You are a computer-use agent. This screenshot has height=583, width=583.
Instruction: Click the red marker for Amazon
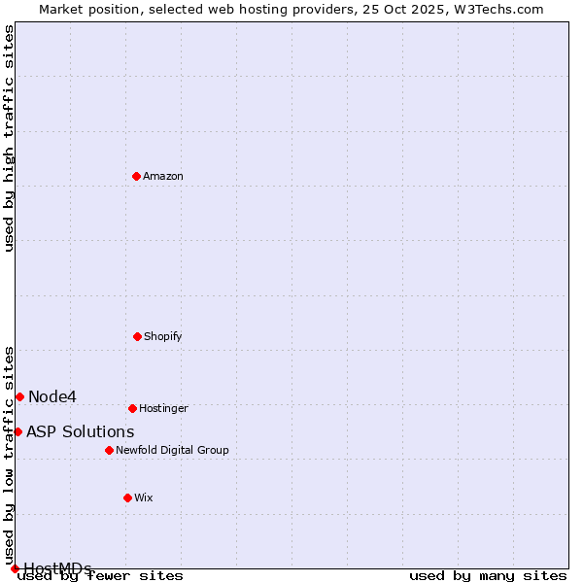click(137, 176)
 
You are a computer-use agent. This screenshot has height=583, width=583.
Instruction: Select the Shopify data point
click(137, 336)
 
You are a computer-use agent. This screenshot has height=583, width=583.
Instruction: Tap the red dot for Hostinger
click(132, 408)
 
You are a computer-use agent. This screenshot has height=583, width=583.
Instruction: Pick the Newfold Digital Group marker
click(109, 450)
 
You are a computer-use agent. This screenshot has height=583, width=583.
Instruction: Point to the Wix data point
click(127, 497)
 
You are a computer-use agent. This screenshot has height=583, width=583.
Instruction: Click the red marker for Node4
click(19, 396)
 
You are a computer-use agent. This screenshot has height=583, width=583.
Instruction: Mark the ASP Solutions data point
click(17, 431)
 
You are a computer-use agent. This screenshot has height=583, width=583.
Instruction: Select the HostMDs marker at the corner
click(15, 568)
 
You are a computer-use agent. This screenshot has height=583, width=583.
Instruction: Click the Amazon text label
click(163, 177)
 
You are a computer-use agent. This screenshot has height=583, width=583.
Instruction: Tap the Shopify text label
click(163, 337)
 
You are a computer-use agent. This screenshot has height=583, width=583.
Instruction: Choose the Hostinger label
click(163, 409)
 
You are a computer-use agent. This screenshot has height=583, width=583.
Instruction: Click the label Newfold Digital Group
click(172, 451)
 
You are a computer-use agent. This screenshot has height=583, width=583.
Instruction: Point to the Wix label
click(144, 498)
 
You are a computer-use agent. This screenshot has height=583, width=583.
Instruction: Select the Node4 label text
click(52, 396)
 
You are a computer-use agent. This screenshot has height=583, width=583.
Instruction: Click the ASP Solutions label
click(81, 431)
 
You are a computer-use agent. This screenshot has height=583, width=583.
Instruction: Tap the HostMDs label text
click(58, 568)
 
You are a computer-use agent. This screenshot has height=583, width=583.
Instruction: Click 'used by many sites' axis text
click(488, 575)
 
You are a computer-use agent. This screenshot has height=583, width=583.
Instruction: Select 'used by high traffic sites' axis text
click(10, 138)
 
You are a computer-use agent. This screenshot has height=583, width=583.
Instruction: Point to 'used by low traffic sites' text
click(10, 449)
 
